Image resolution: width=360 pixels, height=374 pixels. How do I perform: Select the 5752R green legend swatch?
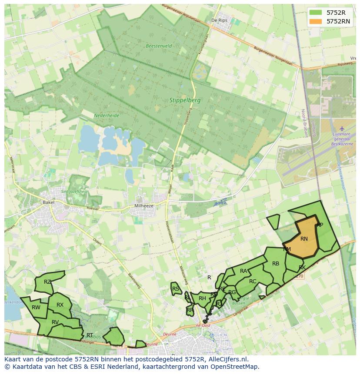(316, 13)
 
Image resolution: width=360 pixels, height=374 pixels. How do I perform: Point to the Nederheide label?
(106, 116)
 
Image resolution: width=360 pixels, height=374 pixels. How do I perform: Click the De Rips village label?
(220, 20)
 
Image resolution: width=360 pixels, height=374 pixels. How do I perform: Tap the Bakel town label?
(48, 202)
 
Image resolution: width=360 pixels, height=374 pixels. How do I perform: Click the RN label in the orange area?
(304, 239)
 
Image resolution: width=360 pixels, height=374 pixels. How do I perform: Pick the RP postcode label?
(320, 225)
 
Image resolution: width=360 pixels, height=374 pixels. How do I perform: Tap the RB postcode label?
(276, 264)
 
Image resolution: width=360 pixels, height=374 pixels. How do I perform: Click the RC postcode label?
(253, 281)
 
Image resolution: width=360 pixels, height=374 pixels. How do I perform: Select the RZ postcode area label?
(47, 282)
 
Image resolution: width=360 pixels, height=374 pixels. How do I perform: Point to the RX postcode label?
(60, 305)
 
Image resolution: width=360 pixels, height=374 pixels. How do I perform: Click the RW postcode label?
(36, 308)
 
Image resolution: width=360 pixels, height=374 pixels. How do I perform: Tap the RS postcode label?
(176, 289)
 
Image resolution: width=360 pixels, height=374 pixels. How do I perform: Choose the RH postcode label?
(202, 298)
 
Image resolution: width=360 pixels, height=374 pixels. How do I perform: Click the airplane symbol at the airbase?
(341, 129)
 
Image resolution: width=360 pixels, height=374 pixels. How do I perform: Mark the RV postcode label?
(55, 322)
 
